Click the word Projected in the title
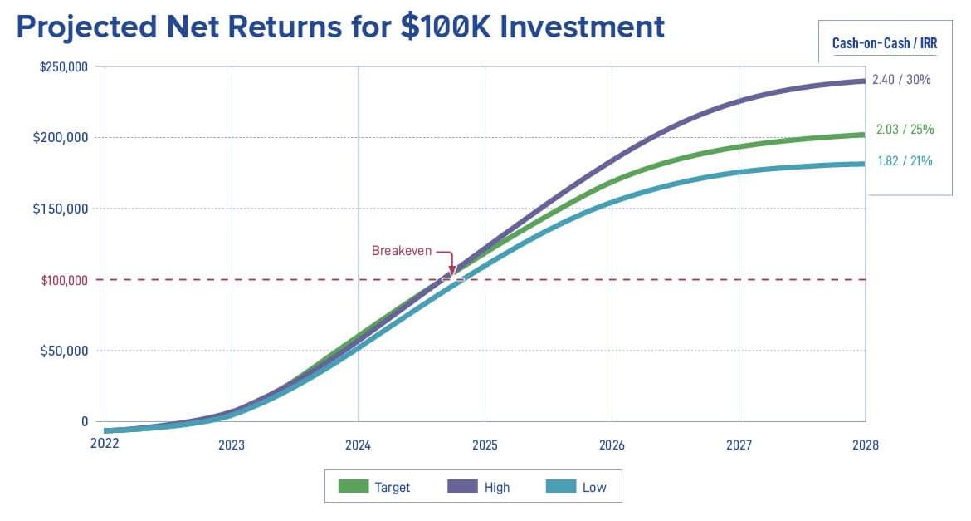[x=86, y=27]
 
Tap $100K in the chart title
[x=444, y=27]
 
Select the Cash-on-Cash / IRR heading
[x=885, y=43]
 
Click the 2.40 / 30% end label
[x=901, y=80]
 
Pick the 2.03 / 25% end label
[x=905, y=129]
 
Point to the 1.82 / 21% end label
[x=905, y=160]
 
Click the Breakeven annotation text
[x=402, y=251]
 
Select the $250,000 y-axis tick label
[x=64, y=67]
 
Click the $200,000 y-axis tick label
[x=61, y=137]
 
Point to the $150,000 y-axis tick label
[x=61, y=209]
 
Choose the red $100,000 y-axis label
[x=65, y=280]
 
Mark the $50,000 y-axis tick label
[x=65, y=351]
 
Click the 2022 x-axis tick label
[x=105, y=443]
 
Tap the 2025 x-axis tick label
[x=485, y=445]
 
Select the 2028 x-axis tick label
[x=865, y=445]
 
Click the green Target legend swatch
[x=354, y=486]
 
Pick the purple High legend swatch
[x=462, y=486]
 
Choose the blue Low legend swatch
[x=561, y=486]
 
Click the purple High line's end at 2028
[x=865, y=81]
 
